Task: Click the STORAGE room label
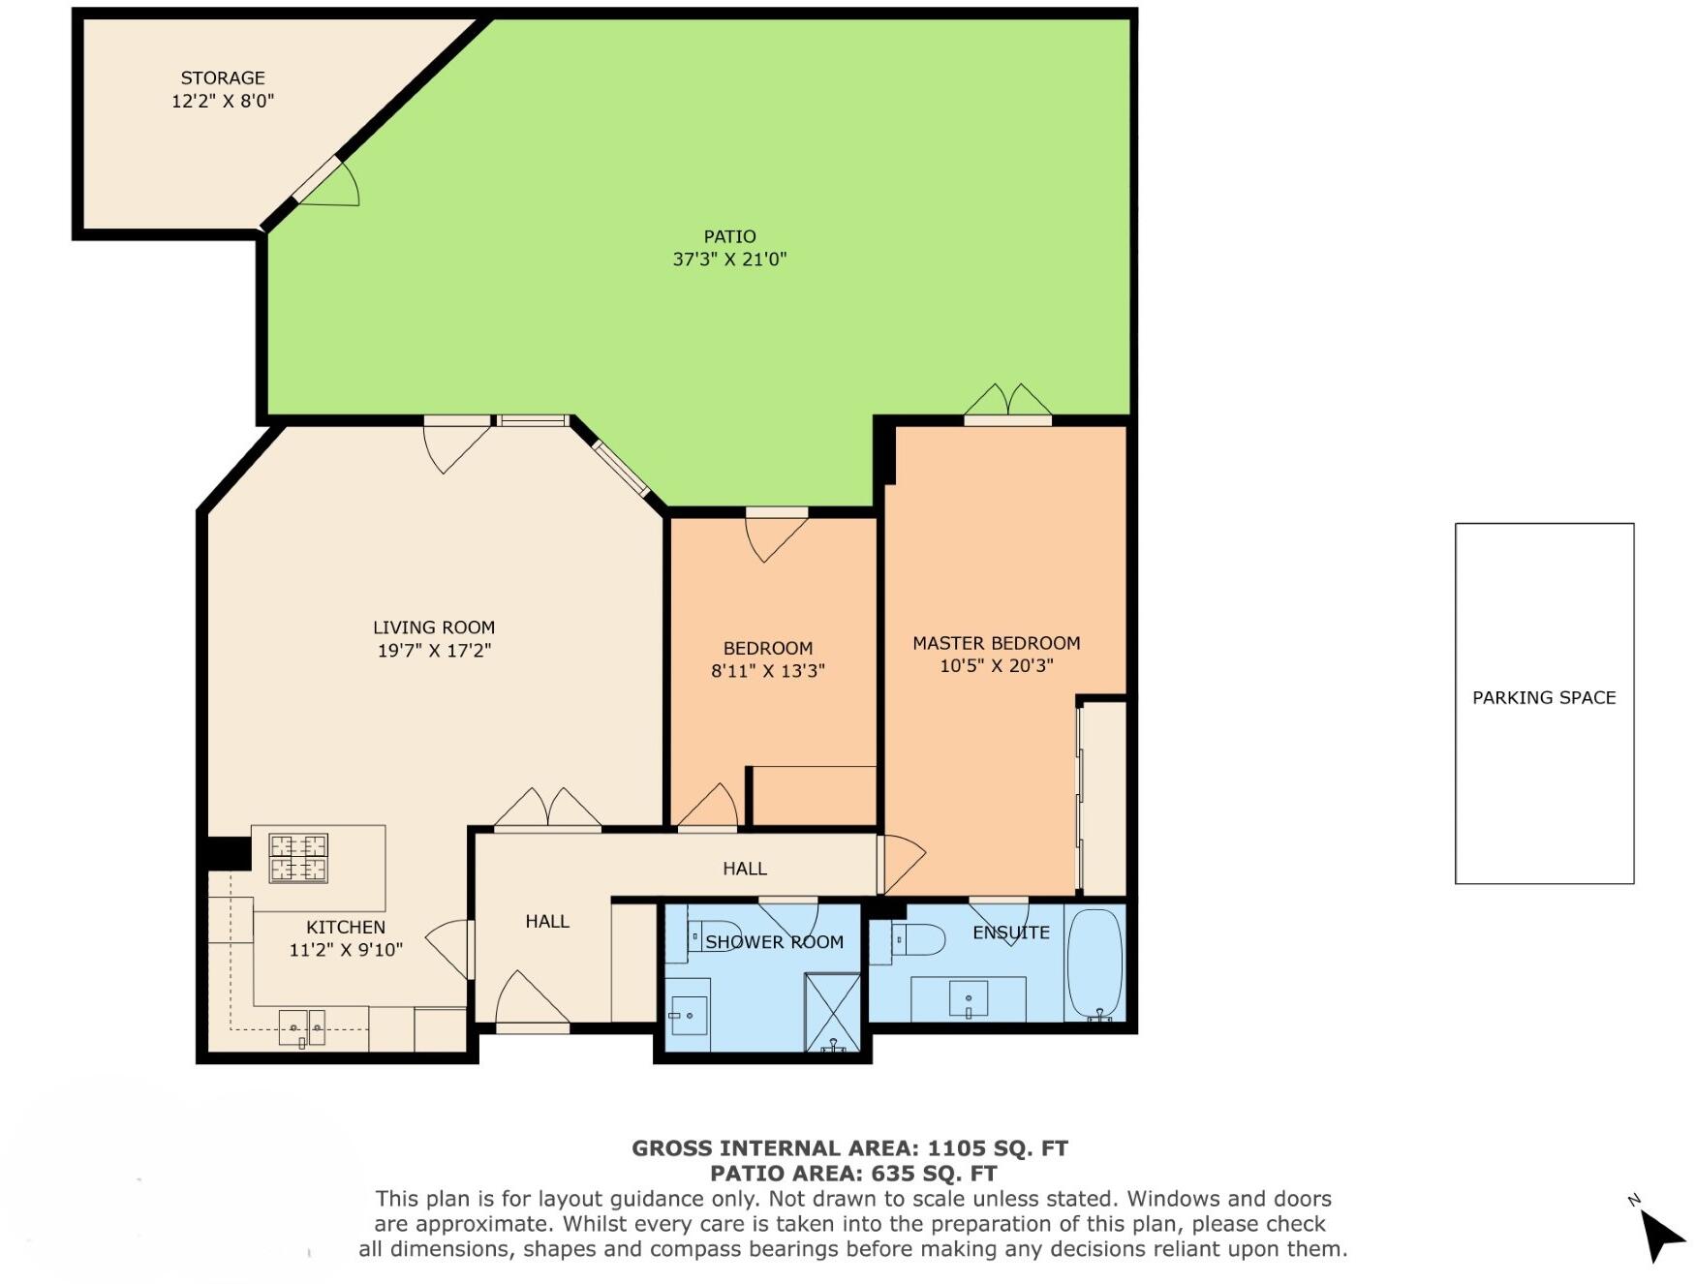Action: (x=223, y=78)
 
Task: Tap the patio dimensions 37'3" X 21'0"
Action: (x=729, y=260)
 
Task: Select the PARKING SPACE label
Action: (x=1544, y=698)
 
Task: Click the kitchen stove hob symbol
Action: (x=298, y=858)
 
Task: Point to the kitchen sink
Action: (x=302, y=1028)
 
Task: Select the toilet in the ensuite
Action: (x=918, y=939)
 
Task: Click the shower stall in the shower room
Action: (x=832, y=1013)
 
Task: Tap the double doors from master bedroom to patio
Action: (x=1008, y=405)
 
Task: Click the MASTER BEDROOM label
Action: (x=996, y=644)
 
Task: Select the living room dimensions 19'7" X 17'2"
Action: (x=434, y=651)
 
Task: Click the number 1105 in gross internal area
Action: (x=955, y=1149)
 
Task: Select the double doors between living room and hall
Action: (x=548, y=811)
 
